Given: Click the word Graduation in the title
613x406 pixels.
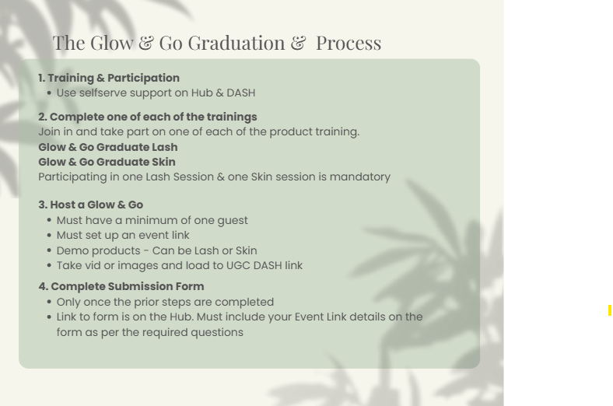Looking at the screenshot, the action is coord(236,43).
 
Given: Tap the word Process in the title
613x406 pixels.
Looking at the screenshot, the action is coord(349,43).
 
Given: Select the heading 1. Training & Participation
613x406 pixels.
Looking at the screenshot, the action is coord(109,78).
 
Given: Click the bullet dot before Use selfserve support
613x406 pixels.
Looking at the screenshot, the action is coord(49,93).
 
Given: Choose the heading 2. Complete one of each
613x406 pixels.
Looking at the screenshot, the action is coord(148,117).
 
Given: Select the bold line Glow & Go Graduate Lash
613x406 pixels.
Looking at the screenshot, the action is coord(108,147).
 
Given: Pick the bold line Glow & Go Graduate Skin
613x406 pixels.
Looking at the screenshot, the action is coord(107,162).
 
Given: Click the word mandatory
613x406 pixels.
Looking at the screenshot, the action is coord(360,177).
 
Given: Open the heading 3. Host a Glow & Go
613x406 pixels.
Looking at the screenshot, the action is coord(91,205).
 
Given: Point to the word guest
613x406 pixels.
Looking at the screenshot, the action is coord(233,221).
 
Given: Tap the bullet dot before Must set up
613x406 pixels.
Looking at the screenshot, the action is coord(49,235).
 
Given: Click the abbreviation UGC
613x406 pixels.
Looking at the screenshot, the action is coord(239,266).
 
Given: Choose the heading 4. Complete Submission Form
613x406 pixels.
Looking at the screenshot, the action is coord(121,286).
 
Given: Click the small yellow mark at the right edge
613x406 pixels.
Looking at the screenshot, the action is coord(609,310).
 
